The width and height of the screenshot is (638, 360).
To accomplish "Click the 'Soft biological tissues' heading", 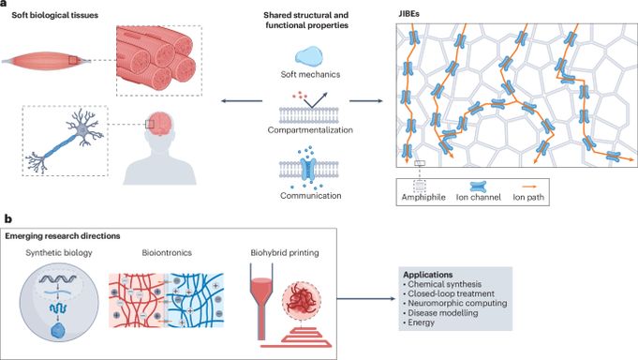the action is click(55, 16).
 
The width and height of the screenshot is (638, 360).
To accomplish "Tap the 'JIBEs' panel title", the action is click(408, 13).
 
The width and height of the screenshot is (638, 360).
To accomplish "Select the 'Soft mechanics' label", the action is click(310, 74).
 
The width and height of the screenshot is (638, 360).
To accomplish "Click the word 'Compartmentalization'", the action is click(310, 130).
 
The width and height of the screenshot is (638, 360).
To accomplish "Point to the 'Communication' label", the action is click(310, 196).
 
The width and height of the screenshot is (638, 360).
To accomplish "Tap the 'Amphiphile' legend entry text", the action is click(423, 197).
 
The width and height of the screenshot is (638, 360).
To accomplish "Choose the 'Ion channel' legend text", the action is click(478, 197).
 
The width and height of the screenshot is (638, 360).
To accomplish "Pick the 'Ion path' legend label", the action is click(528, 197).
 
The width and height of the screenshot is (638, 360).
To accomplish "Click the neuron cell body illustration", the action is click(82, 129).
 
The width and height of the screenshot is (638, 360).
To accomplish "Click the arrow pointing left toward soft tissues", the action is click(242, 100).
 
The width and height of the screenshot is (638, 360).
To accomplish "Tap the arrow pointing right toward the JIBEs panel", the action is click(366, 100).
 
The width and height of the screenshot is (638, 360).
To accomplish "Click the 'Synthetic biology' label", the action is click(59, 253).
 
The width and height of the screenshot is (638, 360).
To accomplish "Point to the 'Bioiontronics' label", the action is click(167, 253).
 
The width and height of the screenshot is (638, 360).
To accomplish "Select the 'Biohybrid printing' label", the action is click(285, 253).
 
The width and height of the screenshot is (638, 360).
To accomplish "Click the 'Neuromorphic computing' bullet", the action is click(455, 303).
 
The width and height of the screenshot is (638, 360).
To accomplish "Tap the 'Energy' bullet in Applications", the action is click(419, 322).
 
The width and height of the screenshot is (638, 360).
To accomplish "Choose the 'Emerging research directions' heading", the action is click(63, 236).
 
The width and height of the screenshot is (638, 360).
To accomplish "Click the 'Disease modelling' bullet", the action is click(440, 313).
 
